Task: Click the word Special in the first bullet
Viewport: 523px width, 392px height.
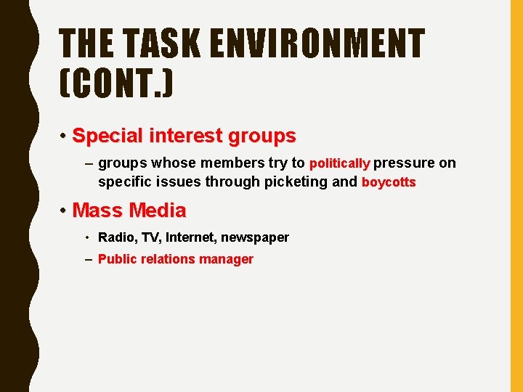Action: tap(108, 136)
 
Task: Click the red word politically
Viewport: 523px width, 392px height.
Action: tap(340, 163)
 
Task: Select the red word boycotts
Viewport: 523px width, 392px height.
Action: tap(389, 182)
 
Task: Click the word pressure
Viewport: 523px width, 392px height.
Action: tap(405, 163)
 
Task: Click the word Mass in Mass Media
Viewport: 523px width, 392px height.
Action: tap(98, 211)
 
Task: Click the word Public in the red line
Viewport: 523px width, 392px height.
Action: tap(115, 259)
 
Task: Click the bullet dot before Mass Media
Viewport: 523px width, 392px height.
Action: tap(64, 211)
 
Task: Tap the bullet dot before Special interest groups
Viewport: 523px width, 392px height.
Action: tap(64, 136)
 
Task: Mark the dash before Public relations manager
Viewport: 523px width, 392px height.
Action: tap(89, 259)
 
